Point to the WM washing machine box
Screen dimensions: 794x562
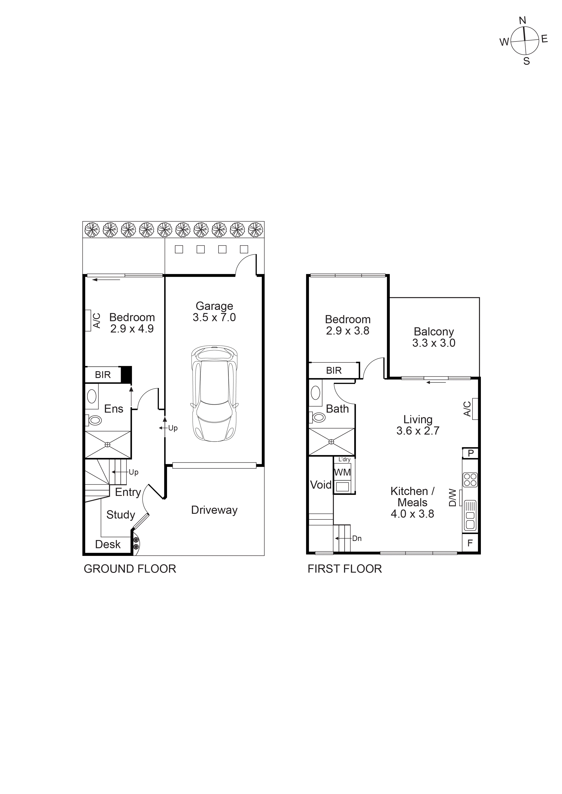[342, 472]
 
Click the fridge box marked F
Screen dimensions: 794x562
[470, 543]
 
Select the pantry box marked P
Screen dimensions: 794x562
[470, 453]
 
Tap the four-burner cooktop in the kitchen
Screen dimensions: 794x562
[470, 480]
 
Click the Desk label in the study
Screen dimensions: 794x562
[108, 544]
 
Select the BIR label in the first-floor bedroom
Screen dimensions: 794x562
[334, 371]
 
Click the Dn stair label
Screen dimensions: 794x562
[357, 538]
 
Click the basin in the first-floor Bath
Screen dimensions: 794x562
[315, 393]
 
